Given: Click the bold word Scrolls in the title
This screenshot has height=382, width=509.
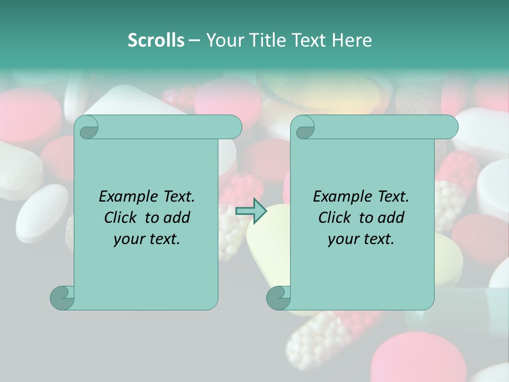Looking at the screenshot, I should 156,40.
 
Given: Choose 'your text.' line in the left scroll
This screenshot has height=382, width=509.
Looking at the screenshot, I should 147,239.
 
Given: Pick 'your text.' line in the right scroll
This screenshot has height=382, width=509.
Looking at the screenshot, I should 361,239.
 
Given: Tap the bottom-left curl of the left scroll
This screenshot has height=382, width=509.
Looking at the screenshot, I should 62,298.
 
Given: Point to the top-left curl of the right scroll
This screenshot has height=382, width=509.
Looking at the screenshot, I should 304,127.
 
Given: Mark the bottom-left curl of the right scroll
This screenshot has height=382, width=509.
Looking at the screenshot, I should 278,298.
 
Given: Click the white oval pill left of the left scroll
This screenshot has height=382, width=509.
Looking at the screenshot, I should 41,212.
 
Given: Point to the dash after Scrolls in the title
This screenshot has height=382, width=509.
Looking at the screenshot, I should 195,40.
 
